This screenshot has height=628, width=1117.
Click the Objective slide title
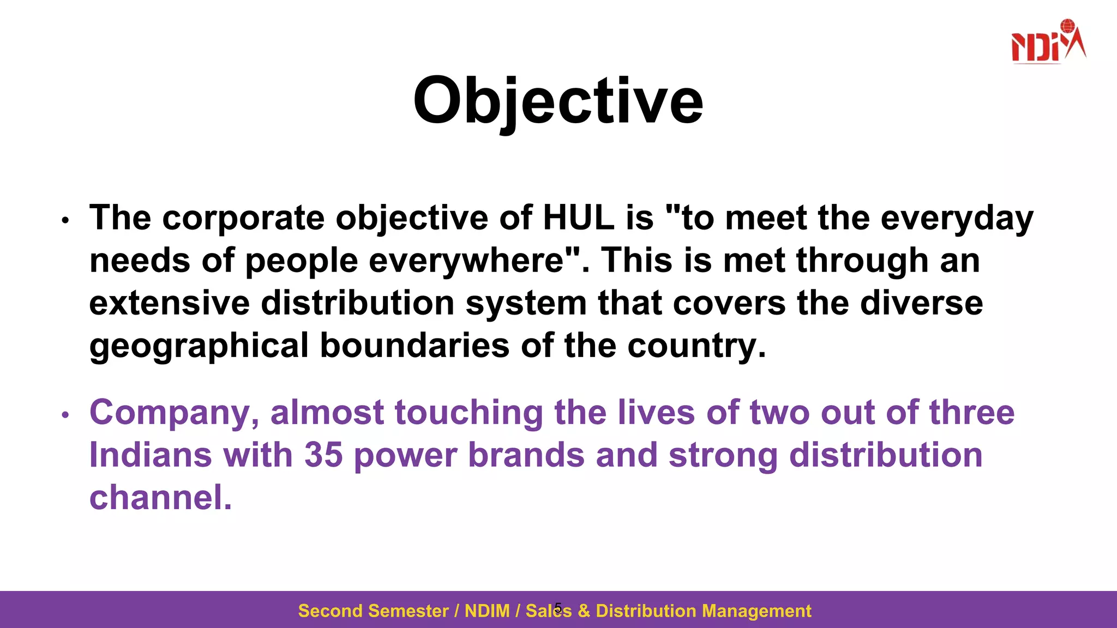(558, 101)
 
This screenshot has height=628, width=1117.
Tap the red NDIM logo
(1048, 44)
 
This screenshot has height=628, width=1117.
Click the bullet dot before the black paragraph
(65, 221)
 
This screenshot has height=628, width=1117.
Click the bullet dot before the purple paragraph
(65, 415)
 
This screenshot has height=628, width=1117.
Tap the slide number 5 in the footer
(558, 607)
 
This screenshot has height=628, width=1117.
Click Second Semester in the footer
(373, 611)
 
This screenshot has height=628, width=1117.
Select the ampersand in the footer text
(584, 611)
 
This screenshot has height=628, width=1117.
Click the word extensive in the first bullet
(169, 303)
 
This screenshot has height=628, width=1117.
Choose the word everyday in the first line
(957, 219)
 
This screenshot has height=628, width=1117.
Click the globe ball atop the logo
(1067, 26)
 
